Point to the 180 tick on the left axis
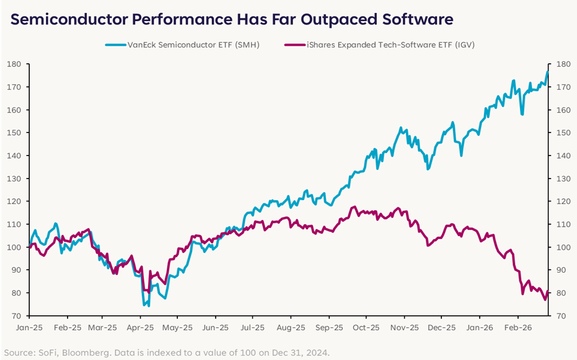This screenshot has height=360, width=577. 15,64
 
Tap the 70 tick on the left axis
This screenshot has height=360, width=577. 17,316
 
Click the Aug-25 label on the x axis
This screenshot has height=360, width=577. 291,327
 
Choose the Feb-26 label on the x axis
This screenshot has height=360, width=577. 518,327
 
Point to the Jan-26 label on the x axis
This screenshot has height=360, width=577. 479,327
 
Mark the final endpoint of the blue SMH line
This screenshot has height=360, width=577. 548,72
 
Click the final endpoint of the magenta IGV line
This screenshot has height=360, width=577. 548,292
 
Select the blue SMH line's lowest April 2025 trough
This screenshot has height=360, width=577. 148,305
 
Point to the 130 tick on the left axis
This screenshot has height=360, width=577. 15,178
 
